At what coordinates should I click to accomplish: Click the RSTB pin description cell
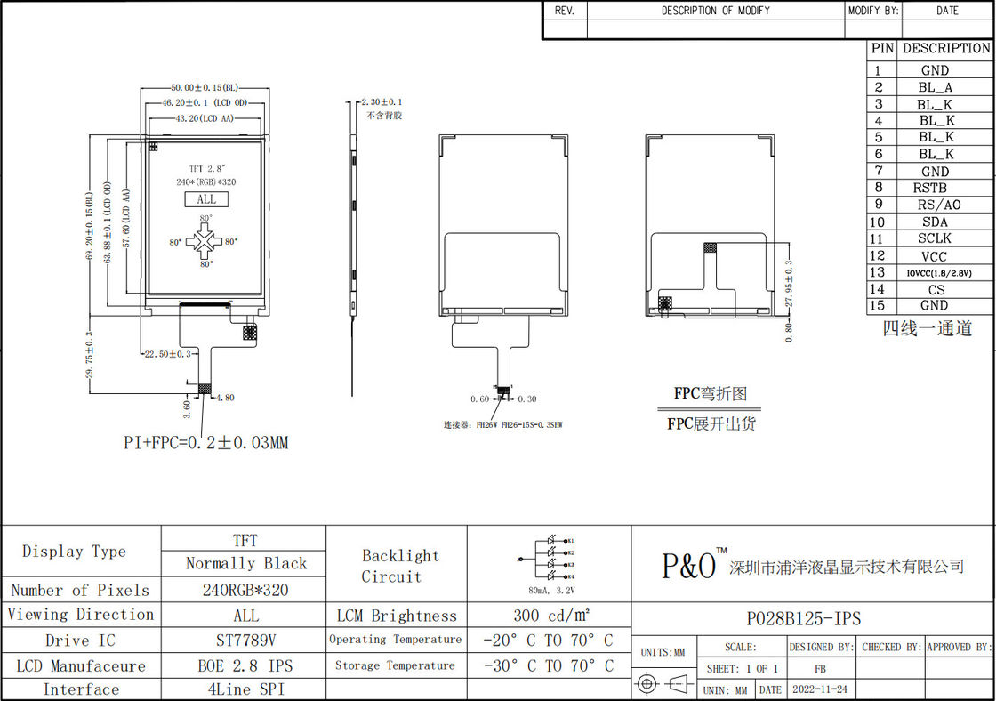[929, 188]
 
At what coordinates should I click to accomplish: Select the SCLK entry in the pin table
[934, 238]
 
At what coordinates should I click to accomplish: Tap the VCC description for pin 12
[934, 256]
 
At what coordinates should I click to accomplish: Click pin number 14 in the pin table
[878, 289]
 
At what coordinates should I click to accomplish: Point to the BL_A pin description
[935, 87]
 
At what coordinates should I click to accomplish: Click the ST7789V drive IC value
[245, 641]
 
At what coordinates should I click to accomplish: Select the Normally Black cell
[245, 563]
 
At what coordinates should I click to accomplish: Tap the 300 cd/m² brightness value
[548, 616]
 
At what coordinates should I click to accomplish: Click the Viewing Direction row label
[81, 615]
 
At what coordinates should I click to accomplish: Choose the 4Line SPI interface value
[245, 689]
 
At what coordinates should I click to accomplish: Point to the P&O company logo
[688, 565]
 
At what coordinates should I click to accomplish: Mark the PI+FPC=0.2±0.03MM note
[205, 442]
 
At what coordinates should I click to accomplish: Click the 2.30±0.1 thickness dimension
[382, 103]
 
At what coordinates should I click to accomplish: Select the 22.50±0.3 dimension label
[167, 354]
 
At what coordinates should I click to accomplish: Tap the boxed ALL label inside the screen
[206, 199]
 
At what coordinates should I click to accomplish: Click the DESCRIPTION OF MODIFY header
[715, 11]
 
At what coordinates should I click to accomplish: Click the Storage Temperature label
[395, 665]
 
